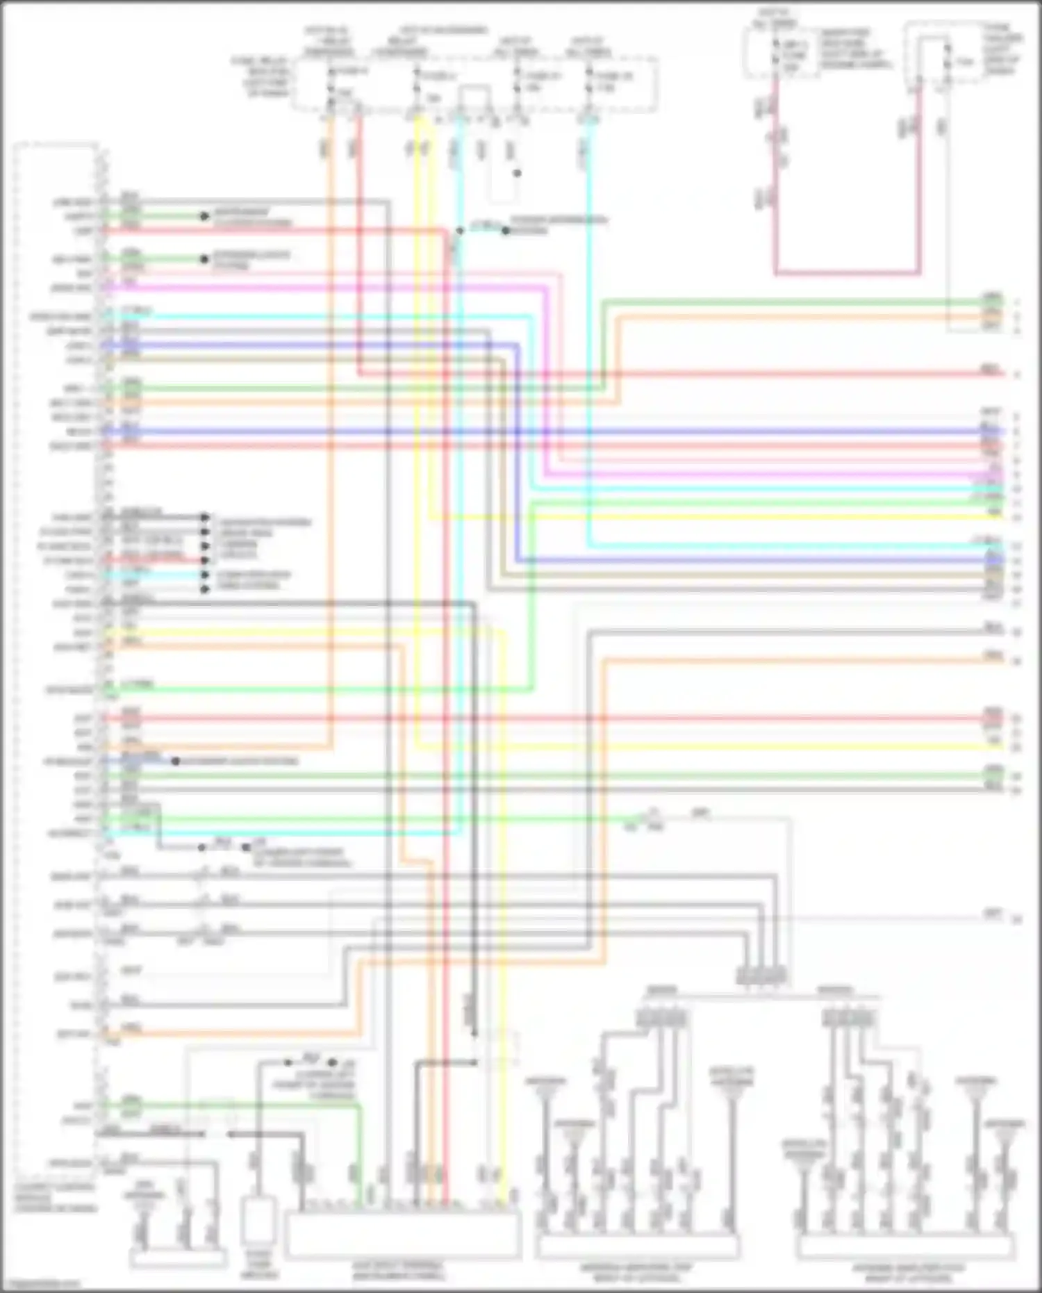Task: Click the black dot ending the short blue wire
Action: coord(175,761)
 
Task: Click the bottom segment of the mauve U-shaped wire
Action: coord(847,272)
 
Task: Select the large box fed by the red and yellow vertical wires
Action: coord(403,1234)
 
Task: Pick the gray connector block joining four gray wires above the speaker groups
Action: coord(761,975)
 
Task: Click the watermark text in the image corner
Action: coord(42,1285)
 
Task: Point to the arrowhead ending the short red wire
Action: coord(205,560)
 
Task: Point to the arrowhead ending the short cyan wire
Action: coord(205,575)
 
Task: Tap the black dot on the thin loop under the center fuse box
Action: coord(517,173)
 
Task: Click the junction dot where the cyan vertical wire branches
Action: coord(459,231)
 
